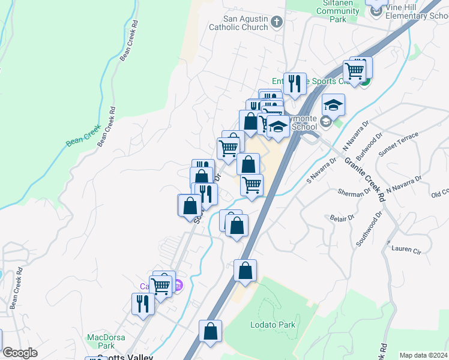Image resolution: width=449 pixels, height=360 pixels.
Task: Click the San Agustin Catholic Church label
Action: (x=238, y=23)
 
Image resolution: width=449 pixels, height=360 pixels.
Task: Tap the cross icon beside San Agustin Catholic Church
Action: (x=276, y=23)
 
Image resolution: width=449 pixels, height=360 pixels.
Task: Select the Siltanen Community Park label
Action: (x=337, y=11)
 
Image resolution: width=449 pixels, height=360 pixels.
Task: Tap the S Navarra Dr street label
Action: (x=322, y=170)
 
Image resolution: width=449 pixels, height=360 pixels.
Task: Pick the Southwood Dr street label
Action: (x=369, y=229)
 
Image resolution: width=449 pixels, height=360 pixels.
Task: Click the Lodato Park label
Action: (x=273, y=325)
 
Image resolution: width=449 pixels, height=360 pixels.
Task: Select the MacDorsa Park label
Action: (x=100, y=341)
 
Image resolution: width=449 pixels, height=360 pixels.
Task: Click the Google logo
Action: (x=20, y=353)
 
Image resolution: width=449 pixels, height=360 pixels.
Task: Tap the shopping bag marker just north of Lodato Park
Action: (x=245, y=271)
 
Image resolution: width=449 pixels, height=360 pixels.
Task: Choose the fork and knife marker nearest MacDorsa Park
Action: (x=143, y=304)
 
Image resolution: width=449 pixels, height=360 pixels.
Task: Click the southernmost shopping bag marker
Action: (x=211, y=332)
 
